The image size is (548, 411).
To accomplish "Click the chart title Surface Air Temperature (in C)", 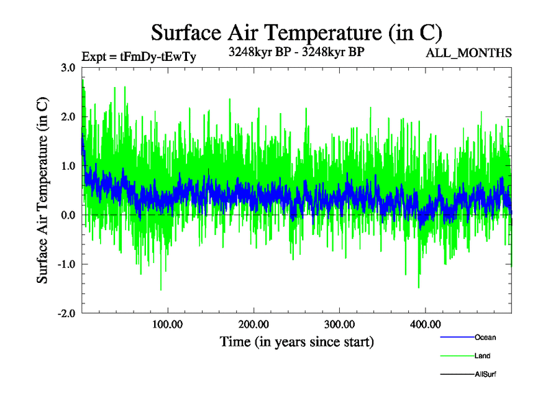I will [x=297, y=32].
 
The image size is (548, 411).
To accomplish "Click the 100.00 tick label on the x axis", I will [x=168, y=324].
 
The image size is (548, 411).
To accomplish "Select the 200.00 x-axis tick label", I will [x=253, y=324].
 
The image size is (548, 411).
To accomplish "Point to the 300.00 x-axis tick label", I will [x=339, y=324].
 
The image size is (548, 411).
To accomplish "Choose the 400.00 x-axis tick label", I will [x=425, y=324].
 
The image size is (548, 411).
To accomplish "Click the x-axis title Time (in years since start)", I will [x=297, y=341].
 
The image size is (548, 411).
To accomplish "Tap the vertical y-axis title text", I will [x=42, y=190].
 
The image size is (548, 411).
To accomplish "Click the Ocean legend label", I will [x=485, y=338].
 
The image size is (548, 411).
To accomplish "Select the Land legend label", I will [x=482, y=356].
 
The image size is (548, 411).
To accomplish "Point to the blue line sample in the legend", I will [x=456, y=338].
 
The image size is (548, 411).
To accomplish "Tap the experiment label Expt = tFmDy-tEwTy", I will [x=138, y=57].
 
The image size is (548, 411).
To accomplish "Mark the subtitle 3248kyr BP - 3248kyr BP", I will [x=296, y=51].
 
